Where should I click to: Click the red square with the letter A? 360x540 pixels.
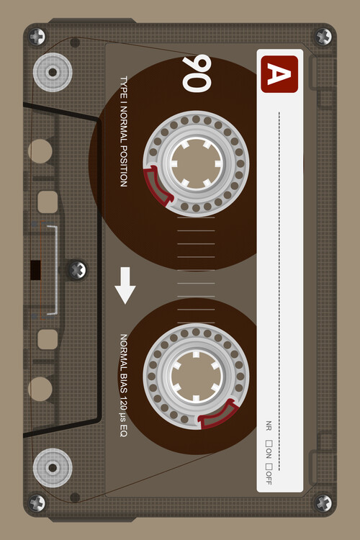[279, 74]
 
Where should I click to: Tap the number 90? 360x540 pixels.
[197, 73]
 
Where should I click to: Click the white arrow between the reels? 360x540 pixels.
[125, 286]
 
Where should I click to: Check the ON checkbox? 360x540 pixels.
[269, 444]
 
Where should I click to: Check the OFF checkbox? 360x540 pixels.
[269, 467]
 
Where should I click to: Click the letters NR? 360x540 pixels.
[269, 426]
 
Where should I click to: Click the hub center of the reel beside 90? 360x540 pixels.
[196, 163]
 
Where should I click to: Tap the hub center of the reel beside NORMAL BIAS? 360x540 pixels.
[196, 377]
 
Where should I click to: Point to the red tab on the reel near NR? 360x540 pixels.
[219, 413]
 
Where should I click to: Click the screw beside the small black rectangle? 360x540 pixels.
[77, 270]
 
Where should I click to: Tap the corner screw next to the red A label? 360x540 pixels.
[323, 37]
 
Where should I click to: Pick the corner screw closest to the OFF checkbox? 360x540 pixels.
[323, 503]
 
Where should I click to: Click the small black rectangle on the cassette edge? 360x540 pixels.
[35, 270]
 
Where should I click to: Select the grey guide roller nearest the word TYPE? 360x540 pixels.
[53, 72]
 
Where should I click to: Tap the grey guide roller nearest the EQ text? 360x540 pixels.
[53, 468]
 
